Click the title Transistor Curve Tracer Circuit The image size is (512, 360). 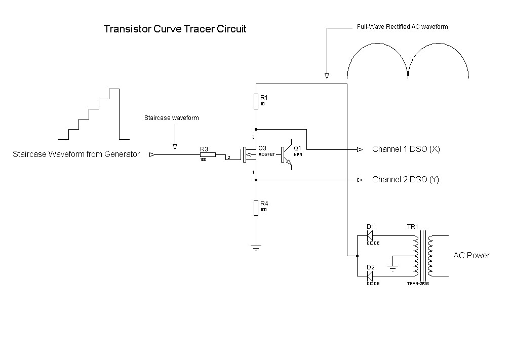175,29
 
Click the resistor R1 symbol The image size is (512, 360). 256,101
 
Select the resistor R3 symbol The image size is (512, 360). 208,155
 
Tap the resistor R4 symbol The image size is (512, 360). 256,208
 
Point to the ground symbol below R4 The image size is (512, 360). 256,248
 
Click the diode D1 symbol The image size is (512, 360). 370,235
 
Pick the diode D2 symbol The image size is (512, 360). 370,276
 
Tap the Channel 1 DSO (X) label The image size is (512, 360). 406,149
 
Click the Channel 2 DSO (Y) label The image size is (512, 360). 406,180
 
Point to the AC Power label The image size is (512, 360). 471,255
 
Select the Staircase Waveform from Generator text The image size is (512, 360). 76,154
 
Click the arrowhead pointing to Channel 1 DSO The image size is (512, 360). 360,149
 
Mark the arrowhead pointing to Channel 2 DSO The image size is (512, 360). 360,180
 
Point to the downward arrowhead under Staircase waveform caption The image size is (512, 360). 175,147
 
